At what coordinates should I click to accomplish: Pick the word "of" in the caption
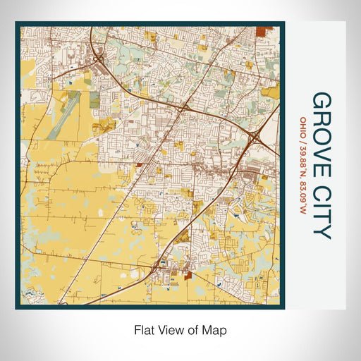(x=190, y=329)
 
